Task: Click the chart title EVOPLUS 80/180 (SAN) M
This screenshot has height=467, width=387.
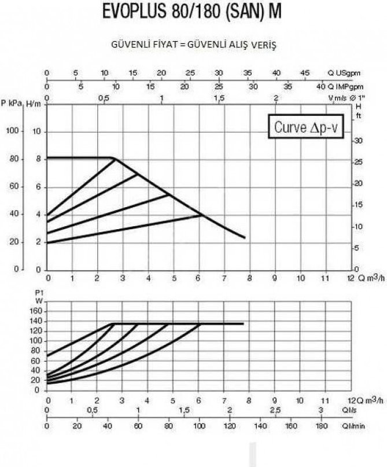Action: (191, 12)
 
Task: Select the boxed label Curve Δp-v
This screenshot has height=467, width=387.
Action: (306, 126)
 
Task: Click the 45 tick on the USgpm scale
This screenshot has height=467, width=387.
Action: (305, 73)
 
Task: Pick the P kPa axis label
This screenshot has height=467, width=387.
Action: (12, 104)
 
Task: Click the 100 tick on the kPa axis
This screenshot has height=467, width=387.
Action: (13, 131)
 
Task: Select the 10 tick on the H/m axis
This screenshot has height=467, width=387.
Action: (36, 131)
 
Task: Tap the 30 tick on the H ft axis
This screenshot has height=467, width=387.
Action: (359, 141)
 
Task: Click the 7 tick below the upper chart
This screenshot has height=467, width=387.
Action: (224, 278)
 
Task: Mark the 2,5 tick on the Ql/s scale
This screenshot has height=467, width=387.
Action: (275, 410)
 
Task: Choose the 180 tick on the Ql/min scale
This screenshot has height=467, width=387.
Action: (322, 426)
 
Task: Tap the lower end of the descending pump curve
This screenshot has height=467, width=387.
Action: (245, 237)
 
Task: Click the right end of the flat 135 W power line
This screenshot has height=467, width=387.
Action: (243, 323)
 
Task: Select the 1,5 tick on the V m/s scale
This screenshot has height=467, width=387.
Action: (219, 98)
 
